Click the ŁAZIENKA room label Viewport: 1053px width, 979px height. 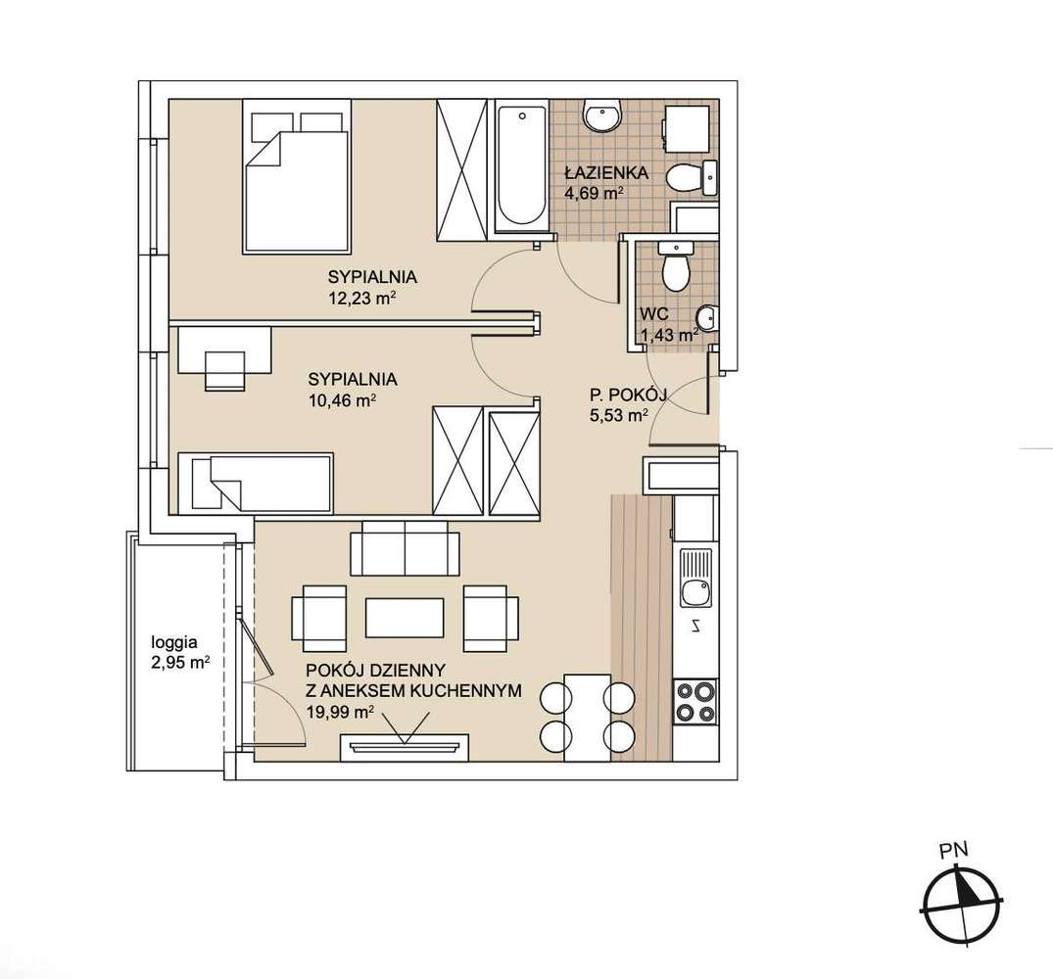pos(605,173)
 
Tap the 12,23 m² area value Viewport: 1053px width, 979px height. pos(360,299)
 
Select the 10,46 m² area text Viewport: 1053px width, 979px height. pos(341,401)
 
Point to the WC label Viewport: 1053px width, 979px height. pos(654,314)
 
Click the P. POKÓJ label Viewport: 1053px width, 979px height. pos(628,396)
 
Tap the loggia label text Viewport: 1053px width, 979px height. pos(174,642)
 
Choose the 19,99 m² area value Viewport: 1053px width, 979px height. pos(340,713)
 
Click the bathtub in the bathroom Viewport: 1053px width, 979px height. pos(521,166)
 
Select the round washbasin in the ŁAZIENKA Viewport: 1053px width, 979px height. pos(603,117)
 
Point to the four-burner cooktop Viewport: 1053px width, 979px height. pos(695,701)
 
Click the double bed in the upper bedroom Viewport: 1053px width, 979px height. pos(296,176)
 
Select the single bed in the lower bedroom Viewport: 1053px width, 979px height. pos(256,483)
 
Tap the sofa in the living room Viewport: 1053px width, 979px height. pos(405,547)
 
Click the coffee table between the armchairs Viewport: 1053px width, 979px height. pos(405,618)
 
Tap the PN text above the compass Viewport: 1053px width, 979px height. pos(954,851)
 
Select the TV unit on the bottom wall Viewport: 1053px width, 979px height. pos(405,748)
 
